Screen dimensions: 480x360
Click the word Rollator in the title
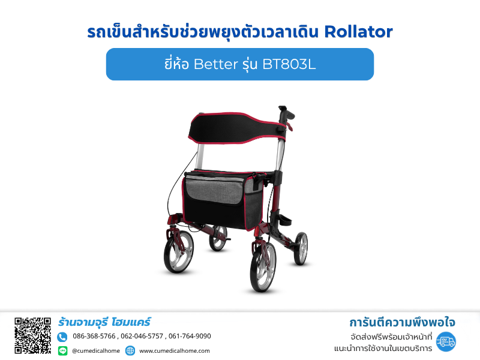point(358,32)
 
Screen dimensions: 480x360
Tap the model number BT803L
point(289,64)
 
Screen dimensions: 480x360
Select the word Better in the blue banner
point(216,64)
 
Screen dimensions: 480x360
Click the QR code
point(32,335)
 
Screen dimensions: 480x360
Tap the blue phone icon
point(62,337)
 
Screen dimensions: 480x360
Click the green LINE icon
point(63,350)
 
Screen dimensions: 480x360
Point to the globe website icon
point(130,350)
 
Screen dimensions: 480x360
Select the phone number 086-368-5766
point(94,336)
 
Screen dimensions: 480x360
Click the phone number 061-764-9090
point(190,336)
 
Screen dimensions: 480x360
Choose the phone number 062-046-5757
point(142,336)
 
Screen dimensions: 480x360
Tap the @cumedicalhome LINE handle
point(96,351)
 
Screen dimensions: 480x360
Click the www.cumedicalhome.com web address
point(175,351)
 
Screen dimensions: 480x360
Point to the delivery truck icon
point(446,341)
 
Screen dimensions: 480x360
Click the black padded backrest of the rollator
point(236,127)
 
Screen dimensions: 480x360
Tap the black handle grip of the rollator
point(286,113)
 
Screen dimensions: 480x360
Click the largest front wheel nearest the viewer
point(263,267)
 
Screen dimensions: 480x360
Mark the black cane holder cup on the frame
point(284,220)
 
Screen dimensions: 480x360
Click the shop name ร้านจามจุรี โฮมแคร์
point(104,322)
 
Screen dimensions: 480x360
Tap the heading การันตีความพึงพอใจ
point(402,322)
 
